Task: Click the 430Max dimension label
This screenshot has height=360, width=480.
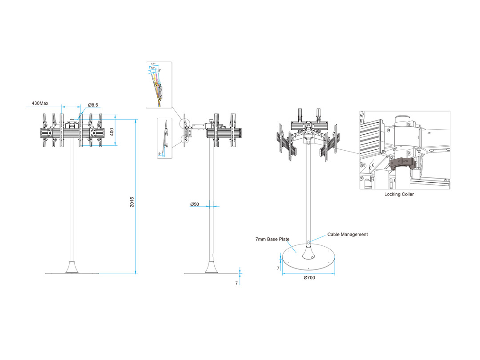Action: pyautogui.click(x=40, y=103)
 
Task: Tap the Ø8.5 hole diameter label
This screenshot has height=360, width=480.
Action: pyautogui.click(x=93, y=105)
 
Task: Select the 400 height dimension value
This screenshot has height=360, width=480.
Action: pyautogui.click(x=112, y=132)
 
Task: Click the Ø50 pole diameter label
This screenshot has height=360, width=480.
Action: pyautogui.click(x=195, y=204)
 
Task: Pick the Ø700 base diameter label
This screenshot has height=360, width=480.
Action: pyautogui.click(x=309, y=278)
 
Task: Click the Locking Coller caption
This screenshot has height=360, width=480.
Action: pyautogui.click(x=399, y=194)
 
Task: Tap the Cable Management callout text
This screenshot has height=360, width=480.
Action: pyautogui.click(x=348, y=234)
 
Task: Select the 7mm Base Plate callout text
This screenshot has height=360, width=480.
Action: pyautogui.click(x=272, y=239)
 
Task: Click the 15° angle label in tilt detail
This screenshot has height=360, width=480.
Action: pyautogui.click(x=153, y=64)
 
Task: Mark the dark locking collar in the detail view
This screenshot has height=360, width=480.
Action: pyautogui.click(x=404, y=163)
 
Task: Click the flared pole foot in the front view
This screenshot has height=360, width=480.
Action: pyautogui.click(x=72, y=267)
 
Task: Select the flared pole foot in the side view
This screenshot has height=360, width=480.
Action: pyautogui.click(x=212, y=267)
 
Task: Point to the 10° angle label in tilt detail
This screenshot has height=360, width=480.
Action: pyautogui.click(x=153, y=68)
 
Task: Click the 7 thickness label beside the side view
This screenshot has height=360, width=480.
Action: pyautogui.click(x=236, y=283)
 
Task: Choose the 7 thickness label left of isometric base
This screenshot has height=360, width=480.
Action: pyautogui.click(x=278, y=268)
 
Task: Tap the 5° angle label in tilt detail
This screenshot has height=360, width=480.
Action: pyautogui.click(x=160, y=70)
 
